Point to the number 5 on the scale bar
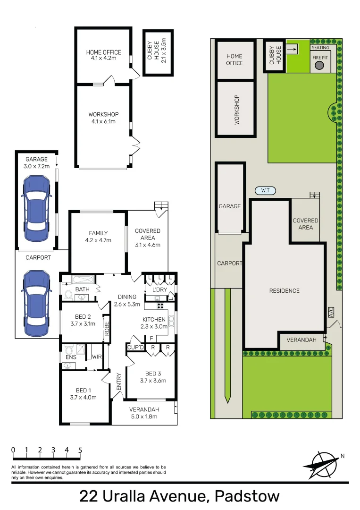click(80, 450)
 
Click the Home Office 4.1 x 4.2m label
click(103, 55)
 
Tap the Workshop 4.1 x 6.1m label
click(103, 118)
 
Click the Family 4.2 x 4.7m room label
click(98, 236)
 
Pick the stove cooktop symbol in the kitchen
click(160, 305)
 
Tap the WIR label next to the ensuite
click(97, 357)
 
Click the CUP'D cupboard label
click(135, 348)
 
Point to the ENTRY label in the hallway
click(119, 382)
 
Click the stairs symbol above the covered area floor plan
click(161, 206)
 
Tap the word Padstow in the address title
click(247, 496)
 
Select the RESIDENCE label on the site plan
click(284, 290)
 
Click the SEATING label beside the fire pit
click(320, 48)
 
